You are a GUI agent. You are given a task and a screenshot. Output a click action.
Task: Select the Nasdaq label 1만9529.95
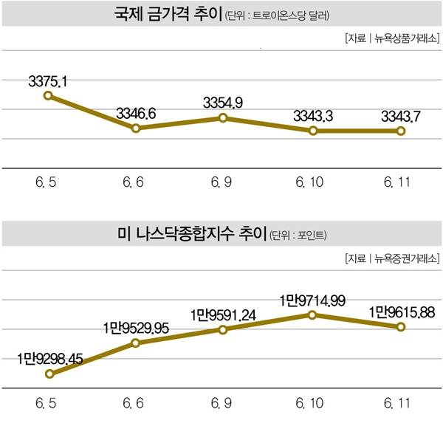coord(137,325)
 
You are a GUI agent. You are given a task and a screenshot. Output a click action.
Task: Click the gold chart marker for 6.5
coord(48,95)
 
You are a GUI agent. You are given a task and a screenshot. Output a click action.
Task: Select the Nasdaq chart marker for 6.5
coord(49,374)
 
